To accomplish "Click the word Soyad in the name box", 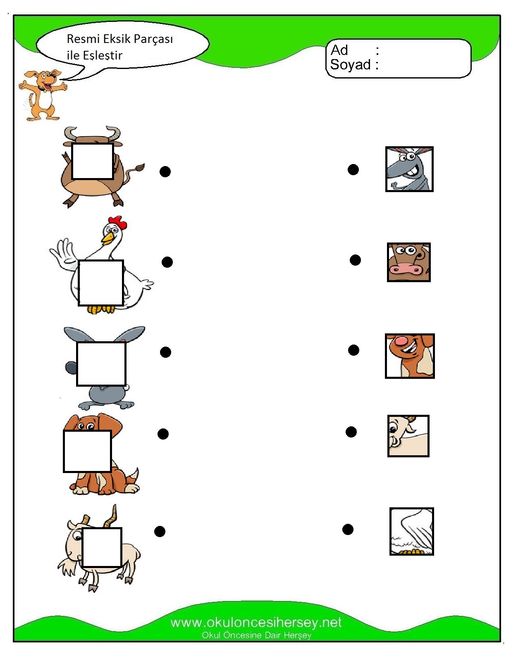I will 350,65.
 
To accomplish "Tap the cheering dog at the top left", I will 42,95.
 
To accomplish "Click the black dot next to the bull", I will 165,171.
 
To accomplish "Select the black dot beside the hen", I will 167,262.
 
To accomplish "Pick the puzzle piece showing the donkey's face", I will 409,169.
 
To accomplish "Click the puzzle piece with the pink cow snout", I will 408,262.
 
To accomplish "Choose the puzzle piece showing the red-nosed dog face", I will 409,356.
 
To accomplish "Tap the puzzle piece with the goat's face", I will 408,436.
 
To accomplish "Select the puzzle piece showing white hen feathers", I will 411,531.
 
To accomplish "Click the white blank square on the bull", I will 93,161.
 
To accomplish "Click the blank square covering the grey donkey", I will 101,364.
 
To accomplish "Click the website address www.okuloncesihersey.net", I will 256,622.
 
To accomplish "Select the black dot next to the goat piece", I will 351,432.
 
